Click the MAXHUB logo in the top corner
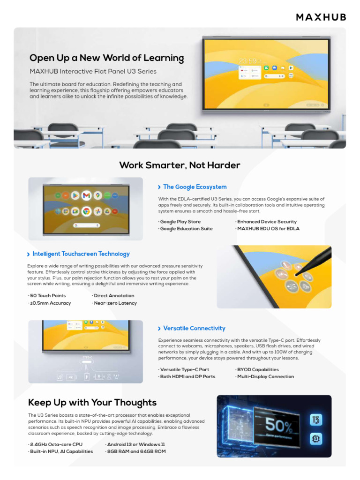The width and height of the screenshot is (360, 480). (x=321, y=17)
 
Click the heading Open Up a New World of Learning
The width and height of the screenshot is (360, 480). (x=106, y=58)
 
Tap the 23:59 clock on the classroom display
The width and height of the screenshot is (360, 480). (x=248, y=61)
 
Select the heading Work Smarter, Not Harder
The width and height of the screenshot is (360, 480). (x=180, y=165)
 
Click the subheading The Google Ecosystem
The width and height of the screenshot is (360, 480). (x=195, y=187)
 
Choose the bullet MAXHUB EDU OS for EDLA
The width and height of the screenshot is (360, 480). (x=268, y=229)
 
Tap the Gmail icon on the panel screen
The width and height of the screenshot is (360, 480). (x=86, y=195)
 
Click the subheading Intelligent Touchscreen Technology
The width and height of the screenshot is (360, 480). (x=81, y=254)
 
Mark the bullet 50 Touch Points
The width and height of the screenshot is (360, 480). (x=47, y=296)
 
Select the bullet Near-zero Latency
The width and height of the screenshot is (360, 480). (x=115, y=303)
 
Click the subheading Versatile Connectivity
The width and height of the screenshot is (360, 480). (x=194, y=329)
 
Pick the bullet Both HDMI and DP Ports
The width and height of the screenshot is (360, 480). (x=187, y=377)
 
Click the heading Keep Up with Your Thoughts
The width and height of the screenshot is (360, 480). (x=92, y=403)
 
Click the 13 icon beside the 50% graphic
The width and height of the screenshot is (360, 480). (x=316, y=420)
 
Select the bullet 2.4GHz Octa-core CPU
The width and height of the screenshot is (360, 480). (x=55, y=444)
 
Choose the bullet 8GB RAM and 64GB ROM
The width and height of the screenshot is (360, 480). (x=135, y=452)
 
